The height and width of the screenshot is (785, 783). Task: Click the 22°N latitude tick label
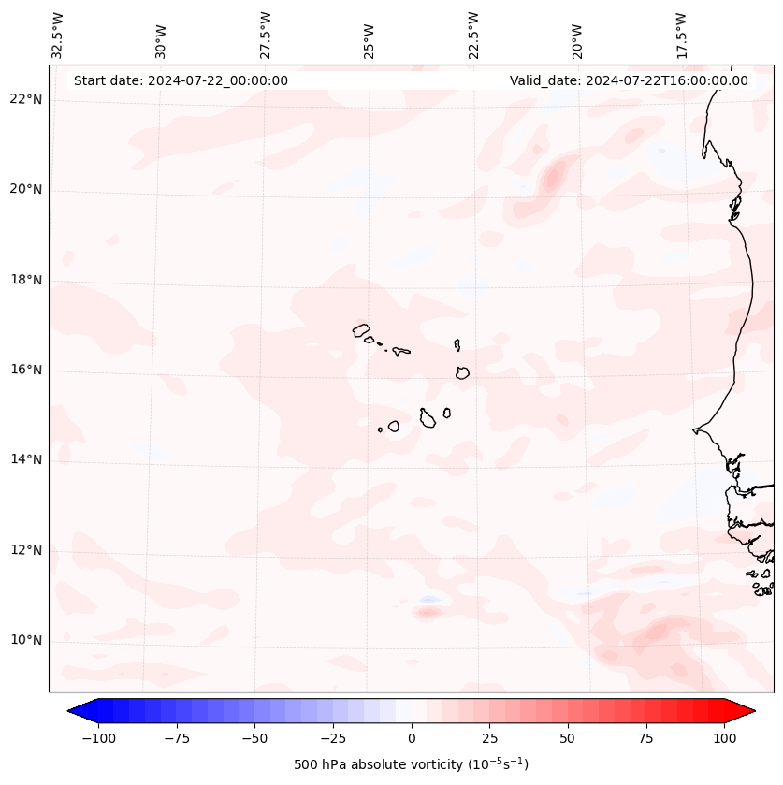coord(26,100)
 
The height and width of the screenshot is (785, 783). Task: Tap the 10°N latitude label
coord(26,641)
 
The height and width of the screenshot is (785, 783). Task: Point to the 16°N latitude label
coord(26,371)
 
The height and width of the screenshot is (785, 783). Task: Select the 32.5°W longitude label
coord(58,36)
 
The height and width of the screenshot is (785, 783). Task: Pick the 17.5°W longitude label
coord(682,36)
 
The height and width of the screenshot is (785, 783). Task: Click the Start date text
coord(181,80)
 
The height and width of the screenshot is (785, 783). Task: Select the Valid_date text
coord(629,80)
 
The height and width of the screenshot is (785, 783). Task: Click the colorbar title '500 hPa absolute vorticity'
coord(411,764)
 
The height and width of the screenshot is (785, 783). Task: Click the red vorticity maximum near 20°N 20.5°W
coord(552,174)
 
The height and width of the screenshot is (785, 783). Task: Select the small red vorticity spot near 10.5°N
coord(428,613)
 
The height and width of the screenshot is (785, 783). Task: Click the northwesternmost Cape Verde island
coord(361,330)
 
